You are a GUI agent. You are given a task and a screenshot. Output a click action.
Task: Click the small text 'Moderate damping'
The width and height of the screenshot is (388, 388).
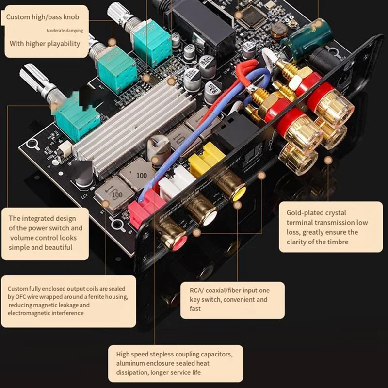click(x=64, y=31)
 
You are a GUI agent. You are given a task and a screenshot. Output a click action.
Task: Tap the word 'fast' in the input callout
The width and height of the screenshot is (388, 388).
click(x=195, y=308)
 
